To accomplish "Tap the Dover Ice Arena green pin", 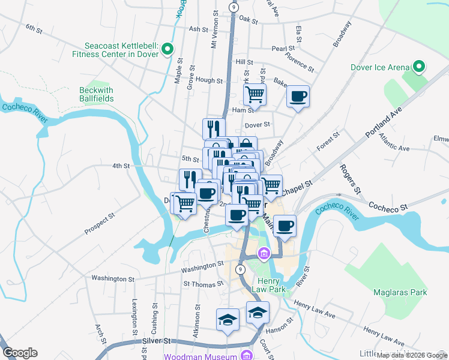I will tap(419, 66).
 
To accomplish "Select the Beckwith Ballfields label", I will tap(96, 95).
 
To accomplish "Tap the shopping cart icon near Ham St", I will tap(255, 94).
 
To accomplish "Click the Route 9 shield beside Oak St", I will tap(234, 7).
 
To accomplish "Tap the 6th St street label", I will tap(34, 28).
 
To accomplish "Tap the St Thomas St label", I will tap(203, 283).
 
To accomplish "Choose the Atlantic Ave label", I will tap(394, 142).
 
